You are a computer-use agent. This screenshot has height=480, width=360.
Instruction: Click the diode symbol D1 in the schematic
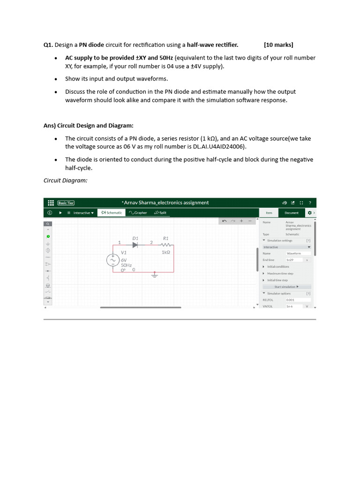[x=135, y=244]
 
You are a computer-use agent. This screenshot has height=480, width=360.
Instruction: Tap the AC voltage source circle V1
[x=113, y=260]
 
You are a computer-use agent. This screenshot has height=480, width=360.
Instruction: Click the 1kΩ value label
[x=165, y=252]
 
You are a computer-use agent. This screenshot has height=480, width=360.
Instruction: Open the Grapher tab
[x=138, y=212]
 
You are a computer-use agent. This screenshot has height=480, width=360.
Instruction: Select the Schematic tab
[x=112, y=212]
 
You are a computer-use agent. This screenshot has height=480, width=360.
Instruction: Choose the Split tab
[x=160, y=212]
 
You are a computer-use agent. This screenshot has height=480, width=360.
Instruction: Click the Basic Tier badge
[x=66, y=202]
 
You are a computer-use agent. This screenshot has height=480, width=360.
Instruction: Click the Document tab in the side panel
[x=291, y=212]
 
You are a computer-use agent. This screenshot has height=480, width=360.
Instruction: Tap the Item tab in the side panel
[x=269, y=212]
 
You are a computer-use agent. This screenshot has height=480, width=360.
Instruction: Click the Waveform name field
[x=294, y=253]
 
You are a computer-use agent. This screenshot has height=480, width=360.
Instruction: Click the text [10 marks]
[x=278, y=45]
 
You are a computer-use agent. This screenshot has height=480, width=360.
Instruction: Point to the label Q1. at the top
[x=48, y=45]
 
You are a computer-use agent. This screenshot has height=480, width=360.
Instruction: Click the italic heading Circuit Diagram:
[x=66, y=180]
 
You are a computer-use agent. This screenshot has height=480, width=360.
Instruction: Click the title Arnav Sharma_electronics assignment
[x=165, y=202]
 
